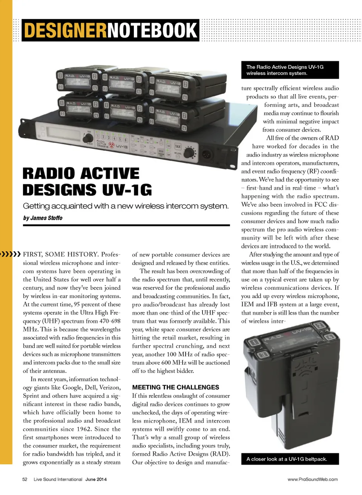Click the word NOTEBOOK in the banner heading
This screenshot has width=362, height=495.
pos(153,30)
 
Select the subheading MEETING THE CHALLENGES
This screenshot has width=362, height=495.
pos(175,387)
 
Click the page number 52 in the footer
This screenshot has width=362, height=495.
pos(25,480)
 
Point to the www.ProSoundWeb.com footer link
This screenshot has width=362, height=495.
pos(313,480)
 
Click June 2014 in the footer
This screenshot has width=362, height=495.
pos(96,480)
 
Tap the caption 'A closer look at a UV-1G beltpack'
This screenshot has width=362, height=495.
pos(287,459)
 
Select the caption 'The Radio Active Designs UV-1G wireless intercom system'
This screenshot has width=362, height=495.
pos(285,70)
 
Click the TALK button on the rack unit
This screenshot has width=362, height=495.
pos(178,146)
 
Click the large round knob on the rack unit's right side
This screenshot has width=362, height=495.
pos(190,153)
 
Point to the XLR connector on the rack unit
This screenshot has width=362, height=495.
pos(209,155)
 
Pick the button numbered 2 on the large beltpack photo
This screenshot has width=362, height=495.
pos(319,326)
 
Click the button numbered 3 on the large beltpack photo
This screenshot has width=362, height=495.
pos(264,354)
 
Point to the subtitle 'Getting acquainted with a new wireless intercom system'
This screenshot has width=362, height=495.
pos(126,206)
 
